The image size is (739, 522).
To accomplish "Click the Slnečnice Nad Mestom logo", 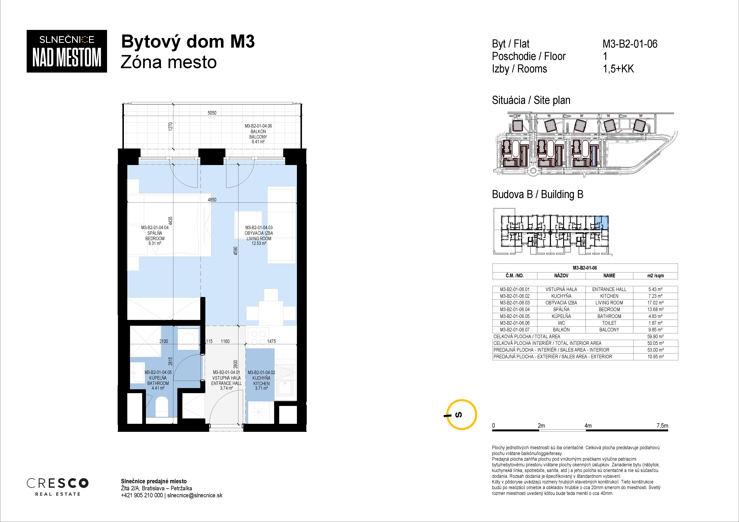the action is pos(67,51).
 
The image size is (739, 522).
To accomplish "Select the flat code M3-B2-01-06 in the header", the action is pos(630,44).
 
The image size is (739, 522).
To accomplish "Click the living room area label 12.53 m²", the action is pos(259,243).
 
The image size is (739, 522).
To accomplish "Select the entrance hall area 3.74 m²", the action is pos(226,388).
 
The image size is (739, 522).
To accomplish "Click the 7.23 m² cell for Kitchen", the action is pos(655,296).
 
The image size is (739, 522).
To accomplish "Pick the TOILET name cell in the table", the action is pos(609,323).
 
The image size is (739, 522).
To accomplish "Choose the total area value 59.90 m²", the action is pos(655,336).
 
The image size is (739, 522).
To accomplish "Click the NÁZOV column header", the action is pos(561,276).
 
